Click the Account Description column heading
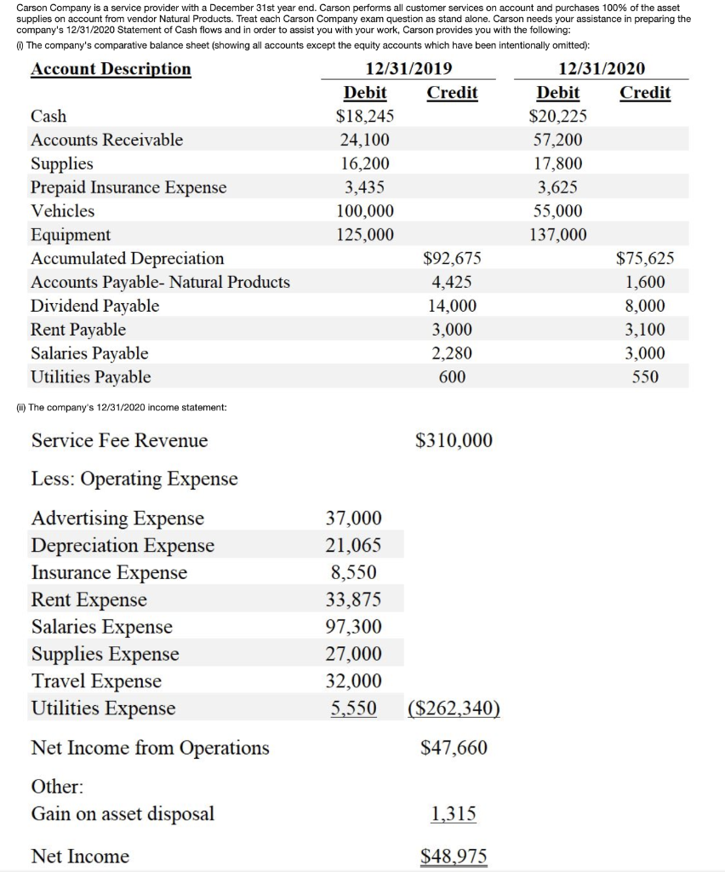click(x=111, y=69)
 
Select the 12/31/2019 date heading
click(x=408, y=69)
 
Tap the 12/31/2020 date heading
click(x=602, y=69)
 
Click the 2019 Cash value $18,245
click(x=365, y=116)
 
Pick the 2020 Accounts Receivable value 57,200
click(x=558, y=140)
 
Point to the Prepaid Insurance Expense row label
click(x=128, y=187)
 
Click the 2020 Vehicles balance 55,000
click(x=558, y=211)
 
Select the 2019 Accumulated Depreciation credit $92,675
click(x=451, y=258)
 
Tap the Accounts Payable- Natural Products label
click(x=160, y=282)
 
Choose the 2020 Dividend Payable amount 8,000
click(x=645, y=306)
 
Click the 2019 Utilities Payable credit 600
click(x=451, y=376)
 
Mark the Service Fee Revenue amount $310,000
click(x=454, y=440)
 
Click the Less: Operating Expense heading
click(x=134, y=479)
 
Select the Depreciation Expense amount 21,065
click(x=353, y=545)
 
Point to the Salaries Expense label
click(x=101, y=627)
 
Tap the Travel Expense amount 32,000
click(x=353, y=681)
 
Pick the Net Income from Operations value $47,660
click(x=454, y=748)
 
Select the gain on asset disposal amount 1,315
click(x=454, y=814)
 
